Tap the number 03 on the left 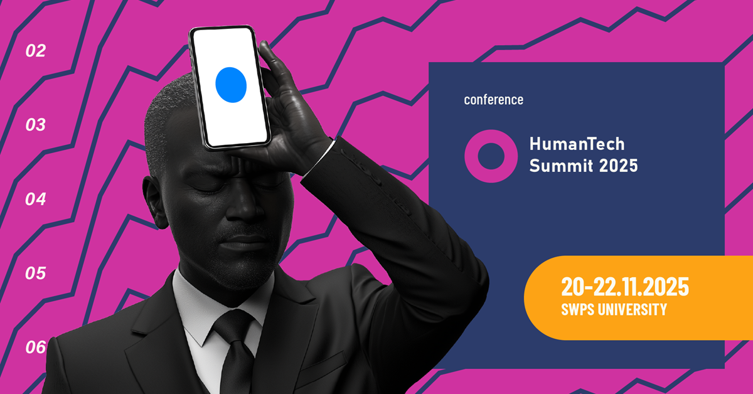(36, 125)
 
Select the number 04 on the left (36, 200)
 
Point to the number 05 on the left (36, 274)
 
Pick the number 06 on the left (36, 347)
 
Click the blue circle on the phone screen (231, 85)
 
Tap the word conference (493, 100)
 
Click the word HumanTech (577, 144)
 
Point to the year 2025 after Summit (617, 166)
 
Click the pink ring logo (491, 156)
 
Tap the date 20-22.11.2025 (624, 287)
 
